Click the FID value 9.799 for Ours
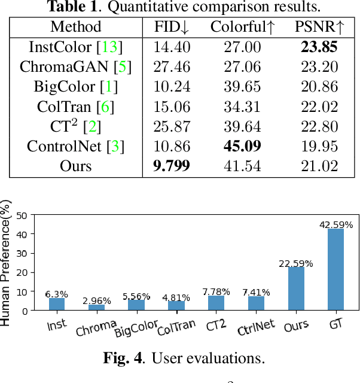172,165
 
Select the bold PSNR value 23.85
320,47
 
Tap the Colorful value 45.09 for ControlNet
242,145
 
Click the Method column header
76,27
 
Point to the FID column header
172,27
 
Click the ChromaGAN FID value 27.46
172,66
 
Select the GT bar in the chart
336,269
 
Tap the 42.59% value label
336,225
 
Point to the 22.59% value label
296,263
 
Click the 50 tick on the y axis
22,215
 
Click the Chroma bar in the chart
96,307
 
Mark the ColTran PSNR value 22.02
320,106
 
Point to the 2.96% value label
96,300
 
